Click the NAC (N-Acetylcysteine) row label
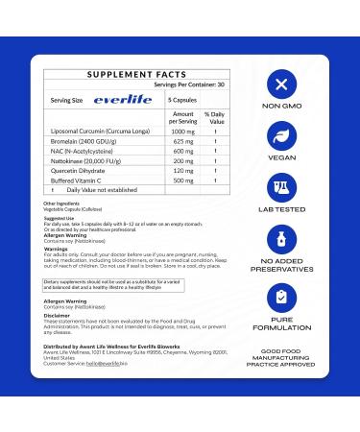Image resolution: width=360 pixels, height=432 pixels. click(x=82, y=151)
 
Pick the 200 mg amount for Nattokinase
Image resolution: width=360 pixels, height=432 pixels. click(x=184, y=161)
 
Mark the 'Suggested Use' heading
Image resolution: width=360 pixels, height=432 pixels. click(x=59, y=217)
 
